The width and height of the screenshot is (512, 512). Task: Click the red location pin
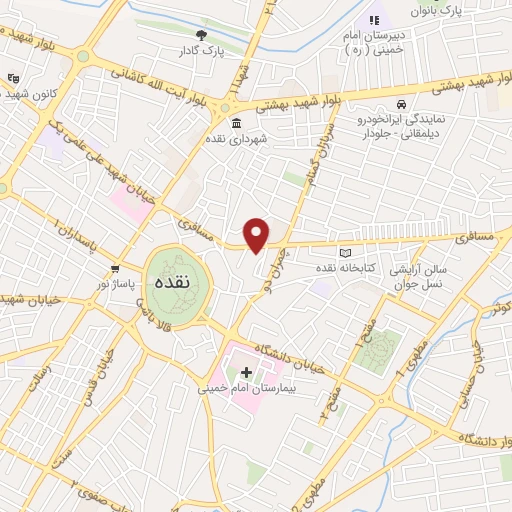pyautogui.click(x=257, y=235)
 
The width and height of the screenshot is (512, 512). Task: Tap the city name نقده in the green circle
pyautogui.click(x=167, y=284)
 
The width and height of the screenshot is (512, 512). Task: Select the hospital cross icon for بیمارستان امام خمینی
pyautogui.click(x=247, y=372)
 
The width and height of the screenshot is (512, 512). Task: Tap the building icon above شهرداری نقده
pyautogui.click(x=236, y=123)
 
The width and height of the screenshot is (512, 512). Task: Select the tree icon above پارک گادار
pyautogui.click(x=202, y=36)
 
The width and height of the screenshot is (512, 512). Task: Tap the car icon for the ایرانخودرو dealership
pyautogui.click(x=401, y=104)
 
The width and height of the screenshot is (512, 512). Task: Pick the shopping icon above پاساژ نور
pyautogui.click(x=116, y=268)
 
